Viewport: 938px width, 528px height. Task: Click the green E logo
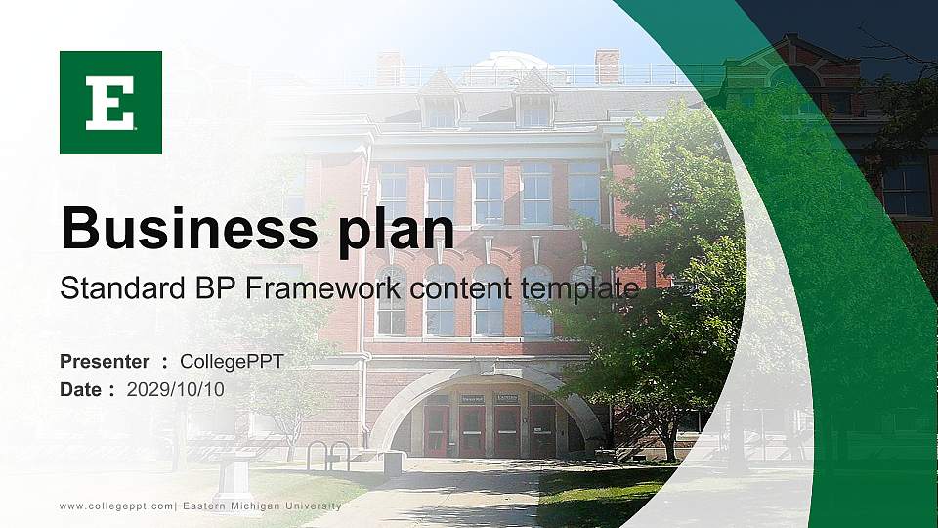tap(110, 103)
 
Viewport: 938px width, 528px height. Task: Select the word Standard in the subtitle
tap(111, 288)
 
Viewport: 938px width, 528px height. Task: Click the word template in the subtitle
tap(579, 288)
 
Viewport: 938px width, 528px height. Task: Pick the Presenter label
tap(105, 362)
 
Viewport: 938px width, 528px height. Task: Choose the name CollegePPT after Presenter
tap(232, 362)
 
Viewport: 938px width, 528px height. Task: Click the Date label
tap(81, 389)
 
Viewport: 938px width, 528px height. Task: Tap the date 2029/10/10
tap(176, 389)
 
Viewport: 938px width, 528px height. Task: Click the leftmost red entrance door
tap(436, 431)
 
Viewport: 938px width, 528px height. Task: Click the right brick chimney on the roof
tap(607, 66)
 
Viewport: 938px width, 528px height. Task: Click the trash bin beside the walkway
tap(393, 462)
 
